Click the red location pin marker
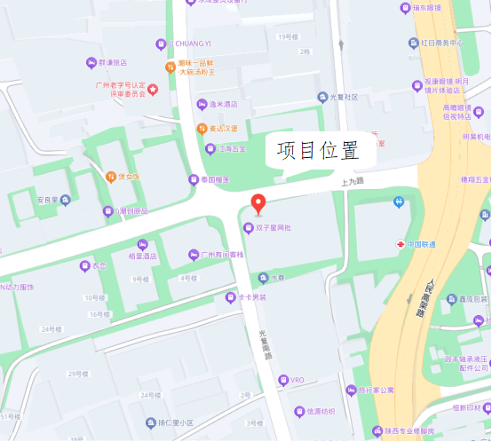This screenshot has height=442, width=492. pos(258,203)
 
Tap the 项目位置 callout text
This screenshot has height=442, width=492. pos(317,151)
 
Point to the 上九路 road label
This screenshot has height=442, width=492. pos(353,181)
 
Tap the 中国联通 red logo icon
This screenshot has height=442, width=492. pos(401,244)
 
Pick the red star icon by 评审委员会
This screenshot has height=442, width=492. pos(152,88)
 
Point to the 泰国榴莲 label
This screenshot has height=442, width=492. pos(214,179)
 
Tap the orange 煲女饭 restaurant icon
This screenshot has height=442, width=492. pos(111,176)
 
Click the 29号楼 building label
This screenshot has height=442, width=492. pos(78,375)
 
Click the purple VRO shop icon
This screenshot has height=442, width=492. pos(283,380)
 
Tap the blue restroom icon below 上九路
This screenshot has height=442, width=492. pos(399,202)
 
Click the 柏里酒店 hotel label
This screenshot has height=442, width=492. pos(142,256)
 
